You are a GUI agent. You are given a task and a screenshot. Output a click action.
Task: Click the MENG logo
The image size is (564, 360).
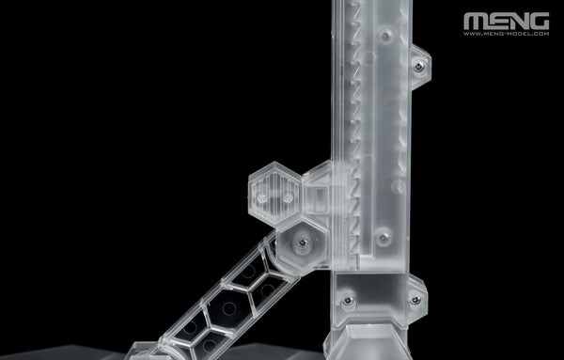click(x=506, y=20)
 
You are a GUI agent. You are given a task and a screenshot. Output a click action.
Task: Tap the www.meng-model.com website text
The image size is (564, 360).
click(x=506, y=35)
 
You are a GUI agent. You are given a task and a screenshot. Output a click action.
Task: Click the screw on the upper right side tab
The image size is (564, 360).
click(x=418, y=66)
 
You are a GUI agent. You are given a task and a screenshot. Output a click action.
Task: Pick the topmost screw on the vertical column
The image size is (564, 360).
click(x=385, y=36)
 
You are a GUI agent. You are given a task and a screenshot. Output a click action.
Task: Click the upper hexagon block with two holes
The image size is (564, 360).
click(x=273, y=191)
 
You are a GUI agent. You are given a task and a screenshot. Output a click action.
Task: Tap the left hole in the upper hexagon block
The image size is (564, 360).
click(x=260, y=200)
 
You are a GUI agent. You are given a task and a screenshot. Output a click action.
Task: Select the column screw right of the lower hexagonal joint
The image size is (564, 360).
click(x=383, y=238)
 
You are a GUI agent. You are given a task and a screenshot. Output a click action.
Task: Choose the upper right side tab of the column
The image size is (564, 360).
click(x=419, y=67)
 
